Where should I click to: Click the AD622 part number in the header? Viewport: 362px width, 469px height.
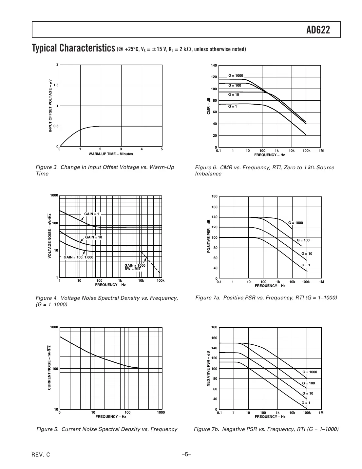318,30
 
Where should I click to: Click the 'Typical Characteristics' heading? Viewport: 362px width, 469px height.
73,48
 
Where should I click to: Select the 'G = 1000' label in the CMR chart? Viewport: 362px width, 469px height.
236,76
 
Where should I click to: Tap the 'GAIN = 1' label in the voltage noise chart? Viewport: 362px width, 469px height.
91,214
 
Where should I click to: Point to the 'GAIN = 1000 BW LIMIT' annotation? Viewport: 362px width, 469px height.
135,267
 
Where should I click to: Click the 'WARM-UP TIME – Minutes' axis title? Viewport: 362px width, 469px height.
111,154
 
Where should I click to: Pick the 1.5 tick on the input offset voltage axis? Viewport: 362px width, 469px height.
56,85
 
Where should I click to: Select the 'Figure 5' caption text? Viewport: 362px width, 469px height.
106,429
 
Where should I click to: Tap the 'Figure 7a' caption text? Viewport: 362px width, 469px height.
266,297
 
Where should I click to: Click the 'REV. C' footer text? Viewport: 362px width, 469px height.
41,455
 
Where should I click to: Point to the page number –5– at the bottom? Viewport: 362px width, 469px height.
186,455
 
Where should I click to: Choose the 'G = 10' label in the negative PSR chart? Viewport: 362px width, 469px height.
308,393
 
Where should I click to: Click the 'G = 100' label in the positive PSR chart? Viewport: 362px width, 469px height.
303,240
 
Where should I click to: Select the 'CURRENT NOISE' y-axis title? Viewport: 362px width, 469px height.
49,368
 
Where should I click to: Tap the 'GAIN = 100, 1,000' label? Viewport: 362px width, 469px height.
78,257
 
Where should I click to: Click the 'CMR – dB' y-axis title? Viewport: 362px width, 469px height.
208,106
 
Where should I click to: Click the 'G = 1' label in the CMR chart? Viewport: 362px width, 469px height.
233,106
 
